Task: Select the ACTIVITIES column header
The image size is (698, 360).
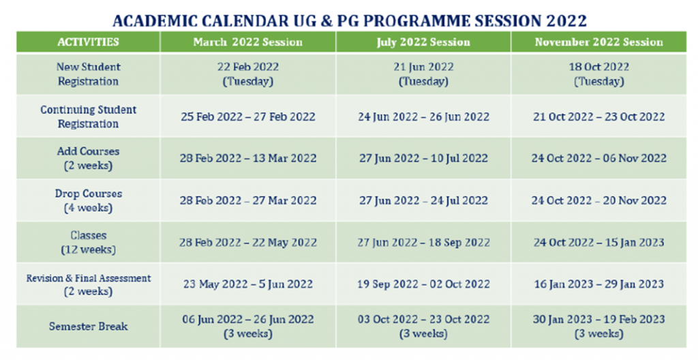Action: [88, 42]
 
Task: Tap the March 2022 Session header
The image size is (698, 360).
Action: [248, 42]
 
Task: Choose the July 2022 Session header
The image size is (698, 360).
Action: [423, 42]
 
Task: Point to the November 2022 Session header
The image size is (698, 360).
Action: [598, 42]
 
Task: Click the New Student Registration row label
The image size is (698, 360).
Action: [88, 74]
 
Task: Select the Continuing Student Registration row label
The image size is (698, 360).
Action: [88, 117]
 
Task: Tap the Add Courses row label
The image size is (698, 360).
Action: [88, 158]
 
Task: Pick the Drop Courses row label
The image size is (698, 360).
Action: [88, 200]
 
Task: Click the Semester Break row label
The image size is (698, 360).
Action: [88, 326]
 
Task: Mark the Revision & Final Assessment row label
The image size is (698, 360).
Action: [88, 284]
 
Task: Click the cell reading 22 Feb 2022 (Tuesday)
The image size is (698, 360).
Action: [248, 74]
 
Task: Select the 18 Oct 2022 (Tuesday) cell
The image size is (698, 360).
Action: [598, 74]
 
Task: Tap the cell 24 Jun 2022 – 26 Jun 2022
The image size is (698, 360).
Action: [423, 117]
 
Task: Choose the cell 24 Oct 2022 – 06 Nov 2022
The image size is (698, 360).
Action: [598, 158]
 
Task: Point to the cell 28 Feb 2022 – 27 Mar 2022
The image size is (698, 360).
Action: [248, 200]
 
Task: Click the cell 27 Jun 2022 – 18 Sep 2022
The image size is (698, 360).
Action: [423, 242]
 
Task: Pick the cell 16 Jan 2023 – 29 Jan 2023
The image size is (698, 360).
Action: [598, 284]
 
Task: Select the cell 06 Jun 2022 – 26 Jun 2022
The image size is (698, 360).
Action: [248, 326]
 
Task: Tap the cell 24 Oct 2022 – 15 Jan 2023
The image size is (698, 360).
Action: [598, 242]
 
